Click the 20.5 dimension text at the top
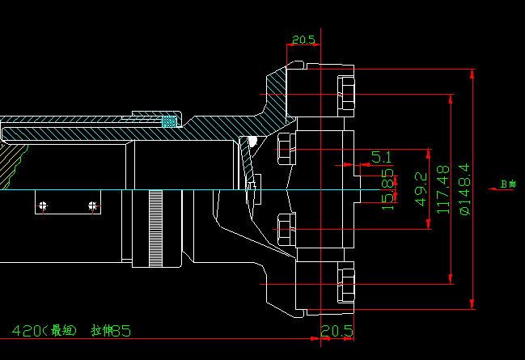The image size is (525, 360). point(303,40)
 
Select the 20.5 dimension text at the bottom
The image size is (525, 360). point(337,330)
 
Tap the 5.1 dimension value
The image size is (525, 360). point(381,156)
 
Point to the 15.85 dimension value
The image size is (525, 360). point(388,185)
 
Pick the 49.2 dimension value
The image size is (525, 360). point(420,188)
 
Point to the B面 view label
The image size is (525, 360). point(508,184)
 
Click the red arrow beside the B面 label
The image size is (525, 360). point(494,189)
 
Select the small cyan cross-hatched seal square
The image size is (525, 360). point(169,122)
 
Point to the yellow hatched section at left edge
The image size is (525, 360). point(10,162)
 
